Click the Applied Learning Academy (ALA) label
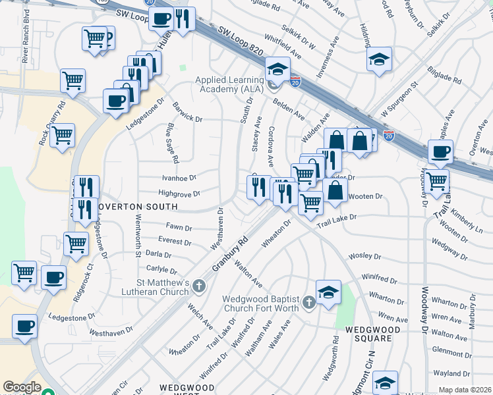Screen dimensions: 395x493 (x=230, y=85)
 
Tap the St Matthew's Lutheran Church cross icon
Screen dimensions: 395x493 (x=200, y=285)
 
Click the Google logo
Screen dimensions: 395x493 (x=22, y=387)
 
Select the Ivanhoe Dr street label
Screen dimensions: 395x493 (x=179, y=178)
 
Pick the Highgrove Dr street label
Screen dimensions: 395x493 (x=179, y=193)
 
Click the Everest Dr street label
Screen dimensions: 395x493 (x=175, y=242)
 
